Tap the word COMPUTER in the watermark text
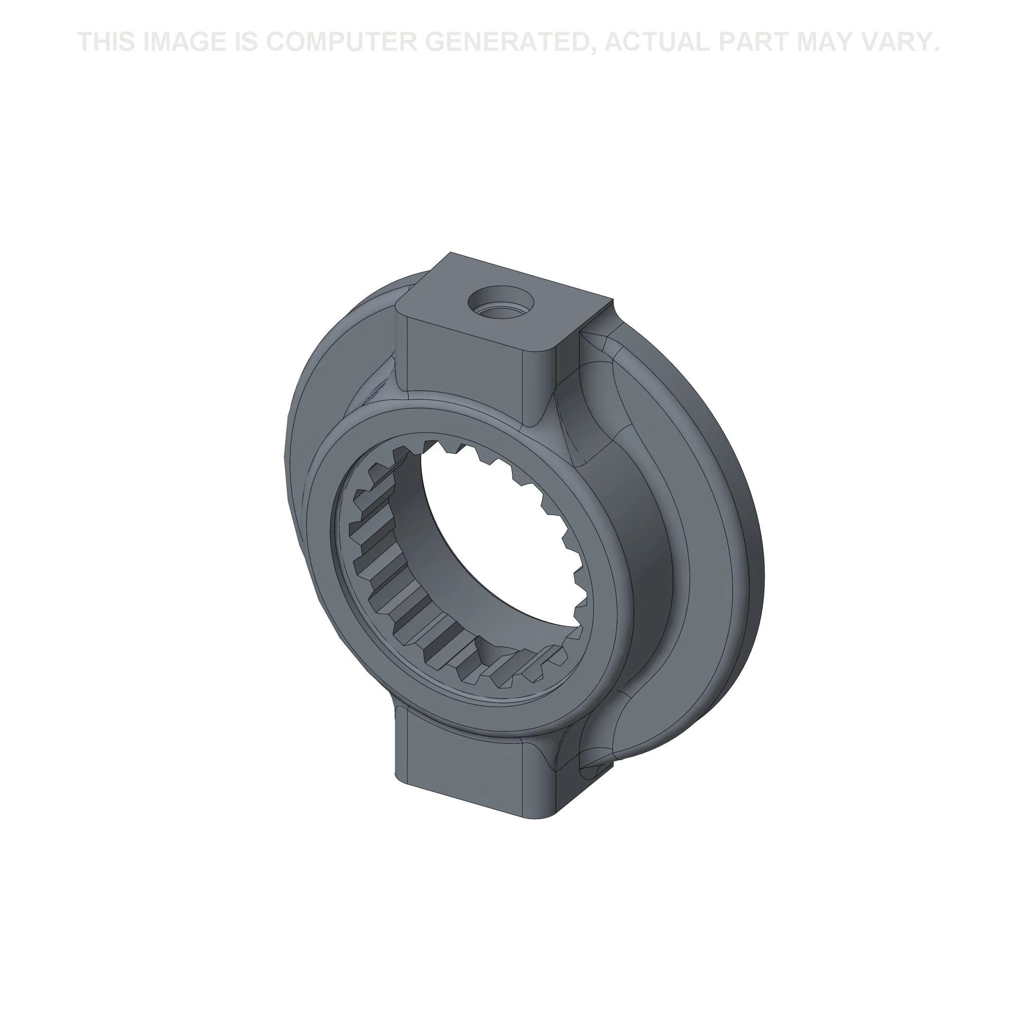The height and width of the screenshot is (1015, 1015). click(x=337, y=42)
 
